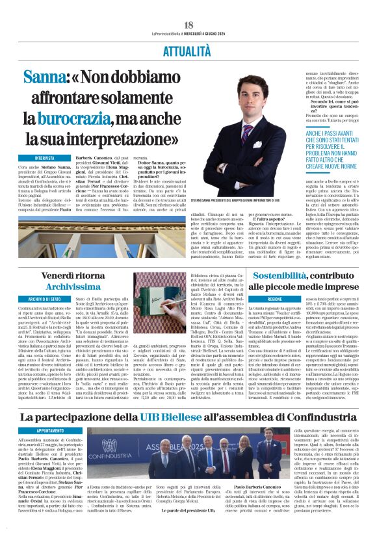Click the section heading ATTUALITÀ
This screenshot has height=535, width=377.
188,31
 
